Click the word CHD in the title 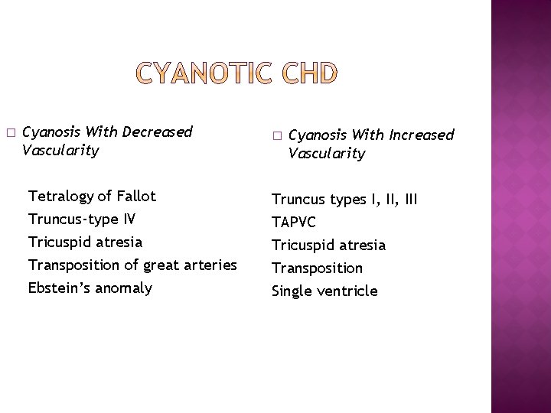click(x=308, y=75)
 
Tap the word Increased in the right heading click(x=422, y=135)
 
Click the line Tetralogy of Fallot click(x=91, y=197)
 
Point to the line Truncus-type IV click(x=82, y=220)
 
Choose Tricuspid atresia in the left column click(x=84, y=242)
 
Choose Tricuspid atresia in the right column click(x=329, y=246)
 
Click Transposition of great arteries click(x=132, y=265)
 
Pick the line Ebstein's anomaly click(x=90, y=288)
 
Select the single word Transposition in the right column click(x=318, y=268)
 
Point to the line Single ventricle click(x=324, y=291)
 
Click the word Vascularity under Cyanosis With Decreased click(x=61, y=151)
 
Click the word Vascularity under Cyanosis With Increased click(x=327, y=154)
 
